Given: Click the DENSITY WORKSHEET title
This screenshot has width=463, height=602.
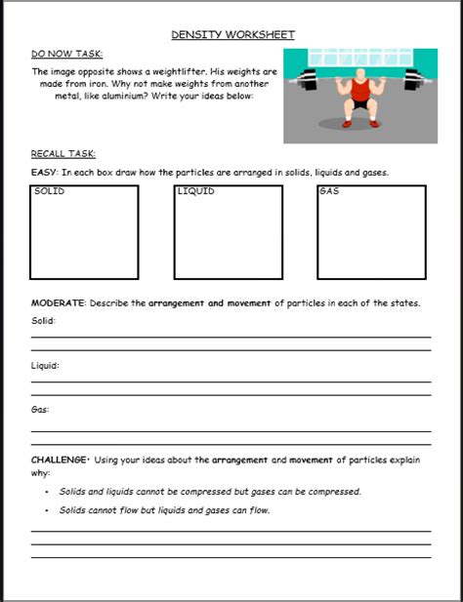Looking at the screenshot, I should click(x=232, y=35).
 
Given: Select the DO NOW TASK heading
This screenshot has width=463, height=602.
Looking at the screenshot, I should click(x=66, y=54).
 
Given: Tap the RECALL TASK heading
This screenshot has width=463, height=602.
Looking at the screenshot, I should click(x=63, y=154).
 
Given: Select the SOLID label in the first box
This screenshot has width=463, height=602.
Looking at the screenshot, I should click(x=49, y=192).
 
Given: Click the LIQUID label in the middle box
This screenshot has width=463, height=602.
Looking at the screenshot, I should click(x=195, y=192).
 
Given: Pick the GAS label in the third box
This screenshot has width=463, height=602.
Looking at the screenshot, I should click(x=329, y=192).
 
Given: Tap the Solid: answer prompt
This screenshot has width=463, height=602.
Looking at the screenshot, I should click(x=43, y=321).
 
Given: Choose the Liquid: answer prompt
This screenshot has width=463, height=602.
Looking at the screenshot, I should click(x=45, y=366).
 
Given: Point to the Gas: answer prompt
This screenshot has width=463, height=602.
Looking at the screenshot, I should click(x=40, y=411).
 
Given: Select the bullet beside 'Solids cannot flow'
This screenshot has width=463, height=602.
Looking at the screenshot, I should click(x=48, y=510).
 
